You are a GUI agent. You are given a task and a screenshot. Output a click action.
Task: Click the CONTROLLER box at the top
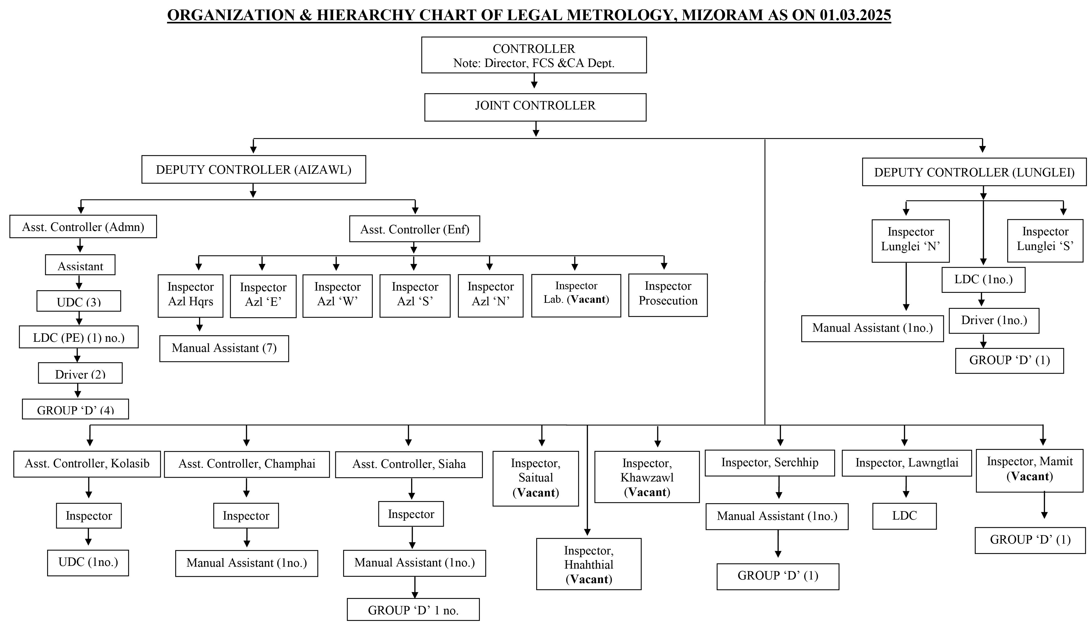[x=534, y=55]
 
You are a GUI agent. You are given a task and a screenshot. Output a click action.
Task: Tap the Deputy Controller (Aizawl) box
[x=254, y=170]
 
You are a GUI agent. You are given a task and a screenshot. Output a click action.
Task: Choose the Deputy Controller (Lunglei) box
[x=974, y=172]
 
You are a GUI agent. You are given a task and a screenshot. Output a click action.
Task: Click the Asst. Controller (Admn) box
[x=83, y=227]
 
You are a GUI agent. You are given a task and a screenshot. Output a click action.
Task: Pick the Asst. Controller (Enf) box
[x=415, y=229]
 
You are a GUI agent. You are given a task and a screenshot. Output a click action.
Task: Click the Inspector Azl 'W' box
[x=337, y=296]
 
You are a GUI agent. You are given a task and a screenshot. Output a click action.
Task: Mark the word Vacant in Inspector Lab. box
[x=588, y=300]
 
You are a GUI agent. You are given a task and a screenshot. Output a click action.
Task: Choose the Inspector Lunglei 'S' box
[x=1045, y=241]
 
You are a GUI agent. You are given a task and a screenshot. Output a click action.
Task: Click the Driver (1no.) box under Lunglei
[x=994, y=321]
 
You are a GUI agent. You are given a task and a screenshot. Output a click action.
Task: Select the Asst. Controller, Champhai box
[x=247, y=464]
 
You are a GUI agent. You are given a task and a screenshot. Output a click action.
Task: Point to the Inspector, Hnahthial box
[x=589, y=564]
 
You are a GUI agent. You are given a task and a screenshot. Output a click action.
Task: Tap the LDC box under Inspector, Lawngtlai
[x=905, y=516]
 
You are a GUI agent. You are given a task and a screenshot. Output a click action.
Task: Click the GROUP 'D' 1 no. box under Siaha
[x=413, y=609]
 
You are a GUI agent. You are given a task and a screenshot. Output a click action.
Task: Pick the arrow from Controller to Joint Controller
[x=534, y=81]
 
